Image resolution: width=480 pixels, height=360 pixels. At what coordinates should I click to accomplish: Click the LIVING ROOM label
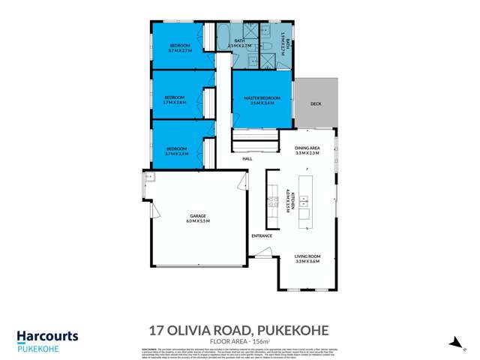[307, 258]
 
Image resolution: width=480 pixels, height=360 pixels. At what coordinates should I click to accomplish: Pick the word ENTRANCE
[262, 235]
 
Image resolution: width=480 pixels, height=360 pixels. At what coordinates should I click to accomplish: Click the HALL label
[247, 159]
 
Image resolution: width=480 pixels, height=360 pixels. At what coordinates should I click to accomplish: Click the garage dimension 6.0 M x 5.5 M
[198, 222]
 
